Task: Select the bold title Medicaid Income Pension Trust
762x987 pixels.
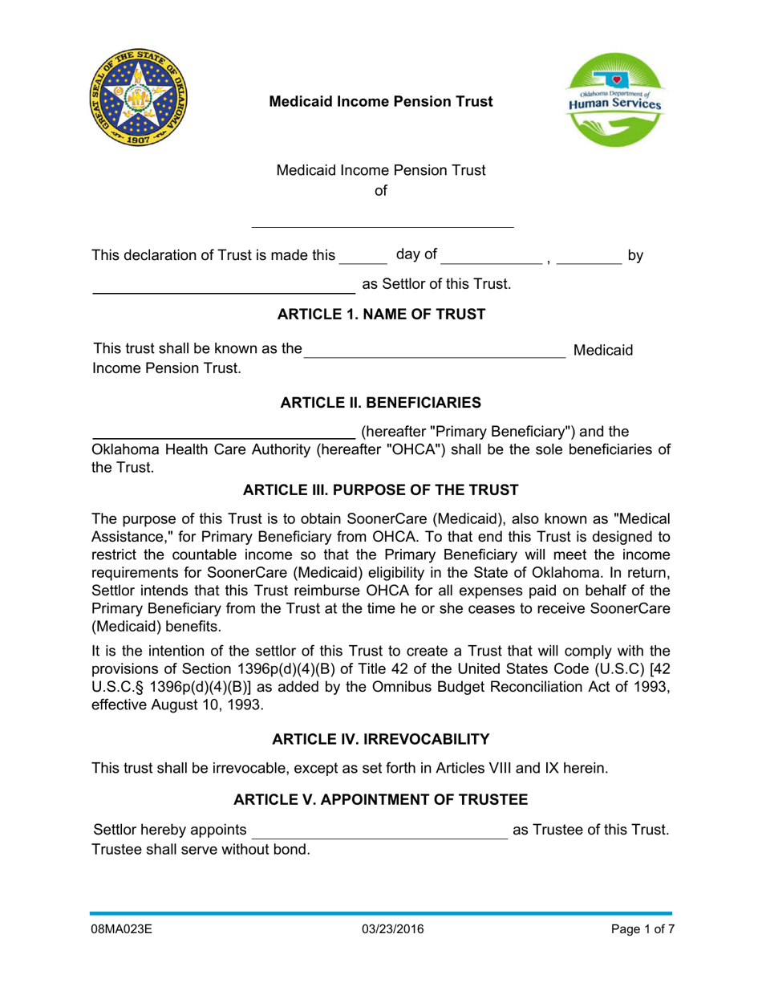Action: [x=380, y=102]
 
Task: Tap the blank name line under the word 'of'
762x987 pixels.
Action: [x=383, y=221]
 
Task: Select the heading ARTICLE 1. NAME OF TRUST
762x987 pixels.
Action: [x=381, y=314]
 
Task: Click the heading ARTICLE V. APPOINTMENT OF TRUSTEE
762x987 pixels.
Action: [x=381, y=799]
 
